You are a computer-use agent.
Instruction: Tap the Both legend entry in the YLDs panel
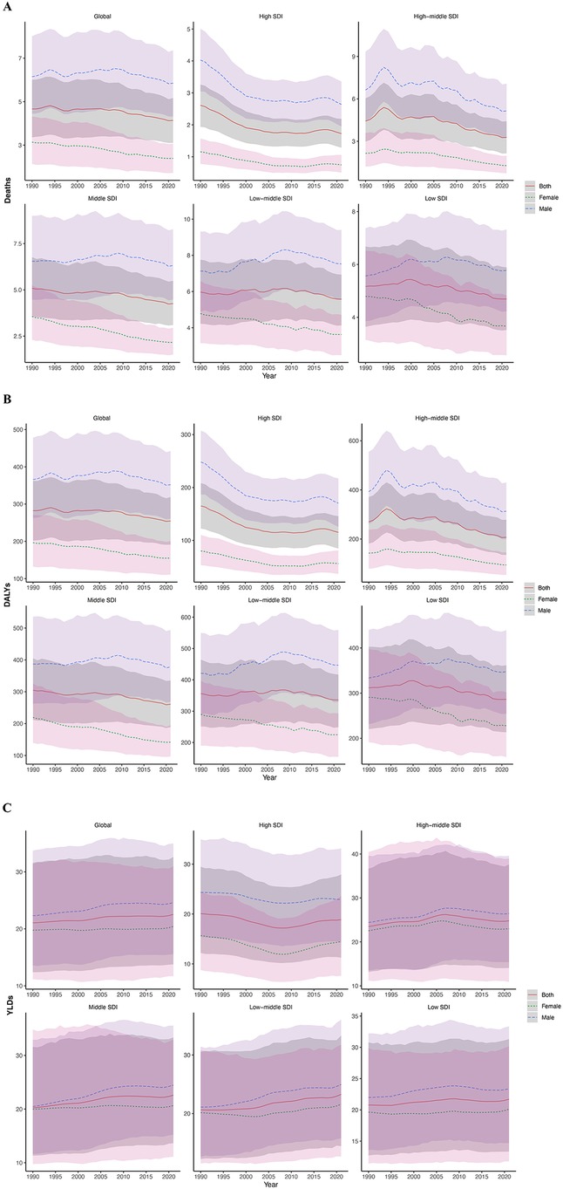click(539, 994)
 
